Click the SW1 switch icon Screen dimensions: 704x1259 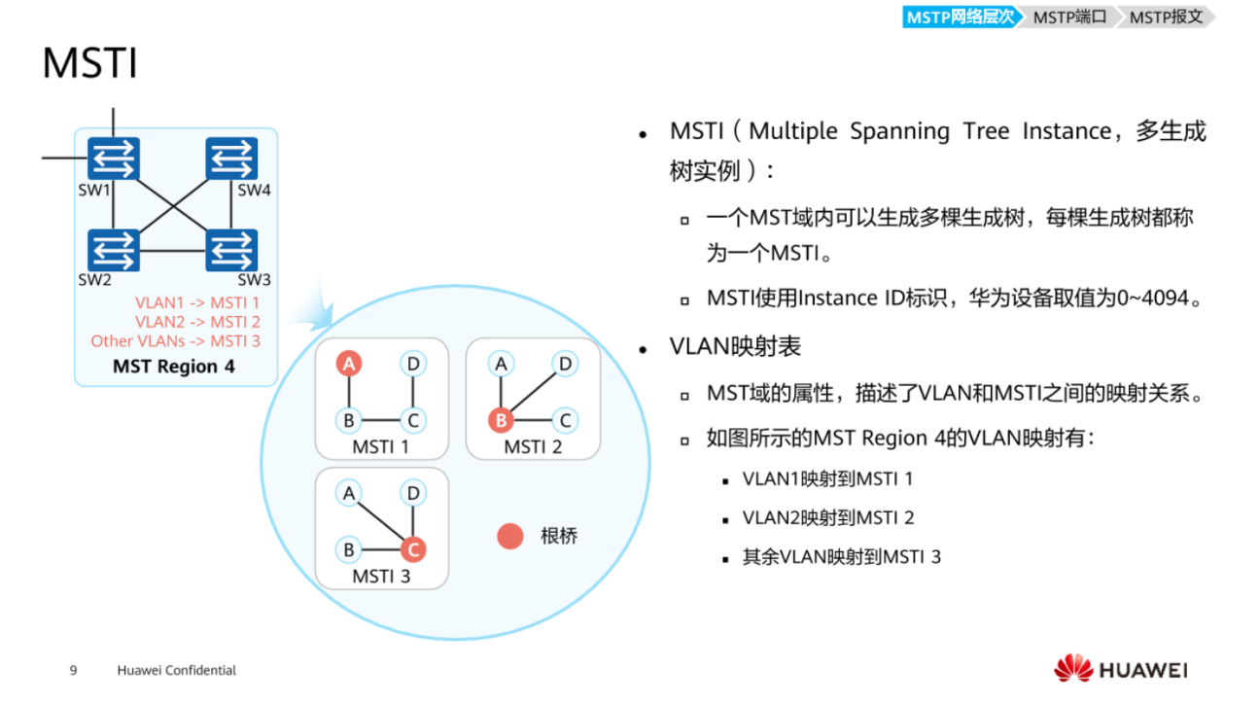pyautogui.click(x=114, y=158)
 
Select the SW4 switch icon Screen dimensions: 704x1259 pyautogui.click(x=231, y=158)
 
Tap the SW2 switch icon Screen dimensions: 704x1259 pyautogui.click(x=114, y=250)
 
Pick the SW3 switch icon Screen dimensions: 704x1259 pyautogui.click(x=231, y=250)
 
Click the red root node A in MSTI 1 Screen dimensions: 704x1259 pyautogui.click(x=349, y=365)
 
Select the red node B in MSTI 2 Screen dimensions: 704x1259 pyautogui.click(x=501, y=421)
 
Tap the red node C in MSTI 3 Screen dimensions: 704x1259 pyautogui.click(x=413, y=549)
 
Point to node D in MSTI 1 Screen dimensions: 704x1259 pyautogui.click(x=413, y=365)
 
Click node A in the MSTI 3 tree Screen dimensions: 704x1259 pyautogui.click(x=349, y=493)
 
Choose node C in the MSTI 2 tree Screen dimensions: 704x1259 pyautogui.click(x=564, y=421)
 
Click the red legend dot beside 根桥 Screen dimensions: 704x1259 pyautogui.click(x=510, y=536)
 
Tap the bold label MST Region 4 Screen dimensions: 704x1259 pyautogui.click(x=174, y=367)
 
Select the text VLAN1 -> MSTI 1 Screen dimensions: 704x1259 pyautogui.click(x=197, y=303)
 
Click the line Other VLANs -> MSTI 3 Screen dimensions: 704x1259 pyautogui.click(x=176, y=340)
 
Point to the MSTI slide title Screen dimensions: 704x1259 pyautogui.click(x=89, y=64)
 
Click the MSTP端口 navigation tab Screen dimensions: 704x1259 pyautogui.click(x=1069, y=17)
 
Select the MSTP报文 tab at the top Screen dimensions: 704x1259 pyautogui.click(x=1166, y=17)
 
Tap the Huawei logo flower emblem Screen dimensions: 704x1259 pyautogui.click(x=1073, y=668)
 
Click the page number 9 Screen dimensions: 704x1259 pyautogui.click(x=73, y=670)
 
